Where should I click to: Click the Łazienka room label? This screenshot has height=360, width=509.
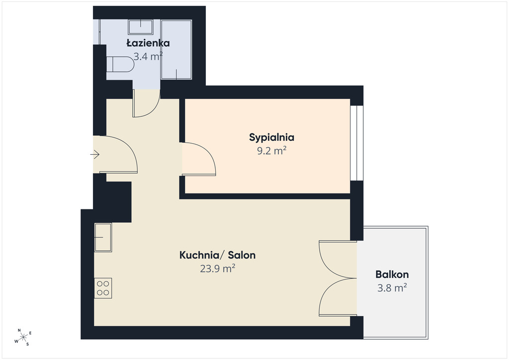[x=148, y=43]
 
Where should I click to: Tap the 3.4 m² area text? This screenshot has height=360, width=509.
[x=148, y=57]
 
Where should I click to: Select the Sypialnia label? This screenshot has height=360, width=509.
[x=272, y=138]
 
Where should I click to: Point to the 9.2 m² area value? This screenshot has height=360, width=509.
[x=272, y=151]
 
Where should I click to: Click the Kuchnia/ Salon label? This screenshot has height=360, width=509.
[x=218, y=255]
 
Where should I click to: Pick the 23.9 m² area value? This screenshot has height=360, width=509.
[x=218, y=269]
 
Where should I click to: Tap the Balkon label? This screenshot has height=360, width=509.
[x=392, y=274]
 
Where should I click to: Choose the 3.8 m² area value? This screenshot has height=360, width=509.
[x=392, y=288]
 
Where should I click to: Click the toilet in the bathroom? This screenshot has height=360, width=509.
[x=120, y=64]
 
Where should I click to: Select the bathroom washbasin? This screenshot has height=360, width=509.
[x=141, y=27]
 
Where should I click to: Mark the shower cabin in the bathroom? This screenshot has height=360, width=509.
[x=176, y=49]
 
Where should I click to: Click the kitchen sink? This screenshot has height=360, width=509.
[x=103, y=237]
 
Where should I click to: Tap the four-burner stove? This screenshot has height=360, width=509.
[x=103, y=288]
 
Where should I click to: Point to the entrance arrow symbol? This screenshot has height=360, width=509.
[x=95, y=154]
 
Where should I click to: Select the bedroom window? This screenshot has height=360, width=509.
[x=356, y=143]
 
